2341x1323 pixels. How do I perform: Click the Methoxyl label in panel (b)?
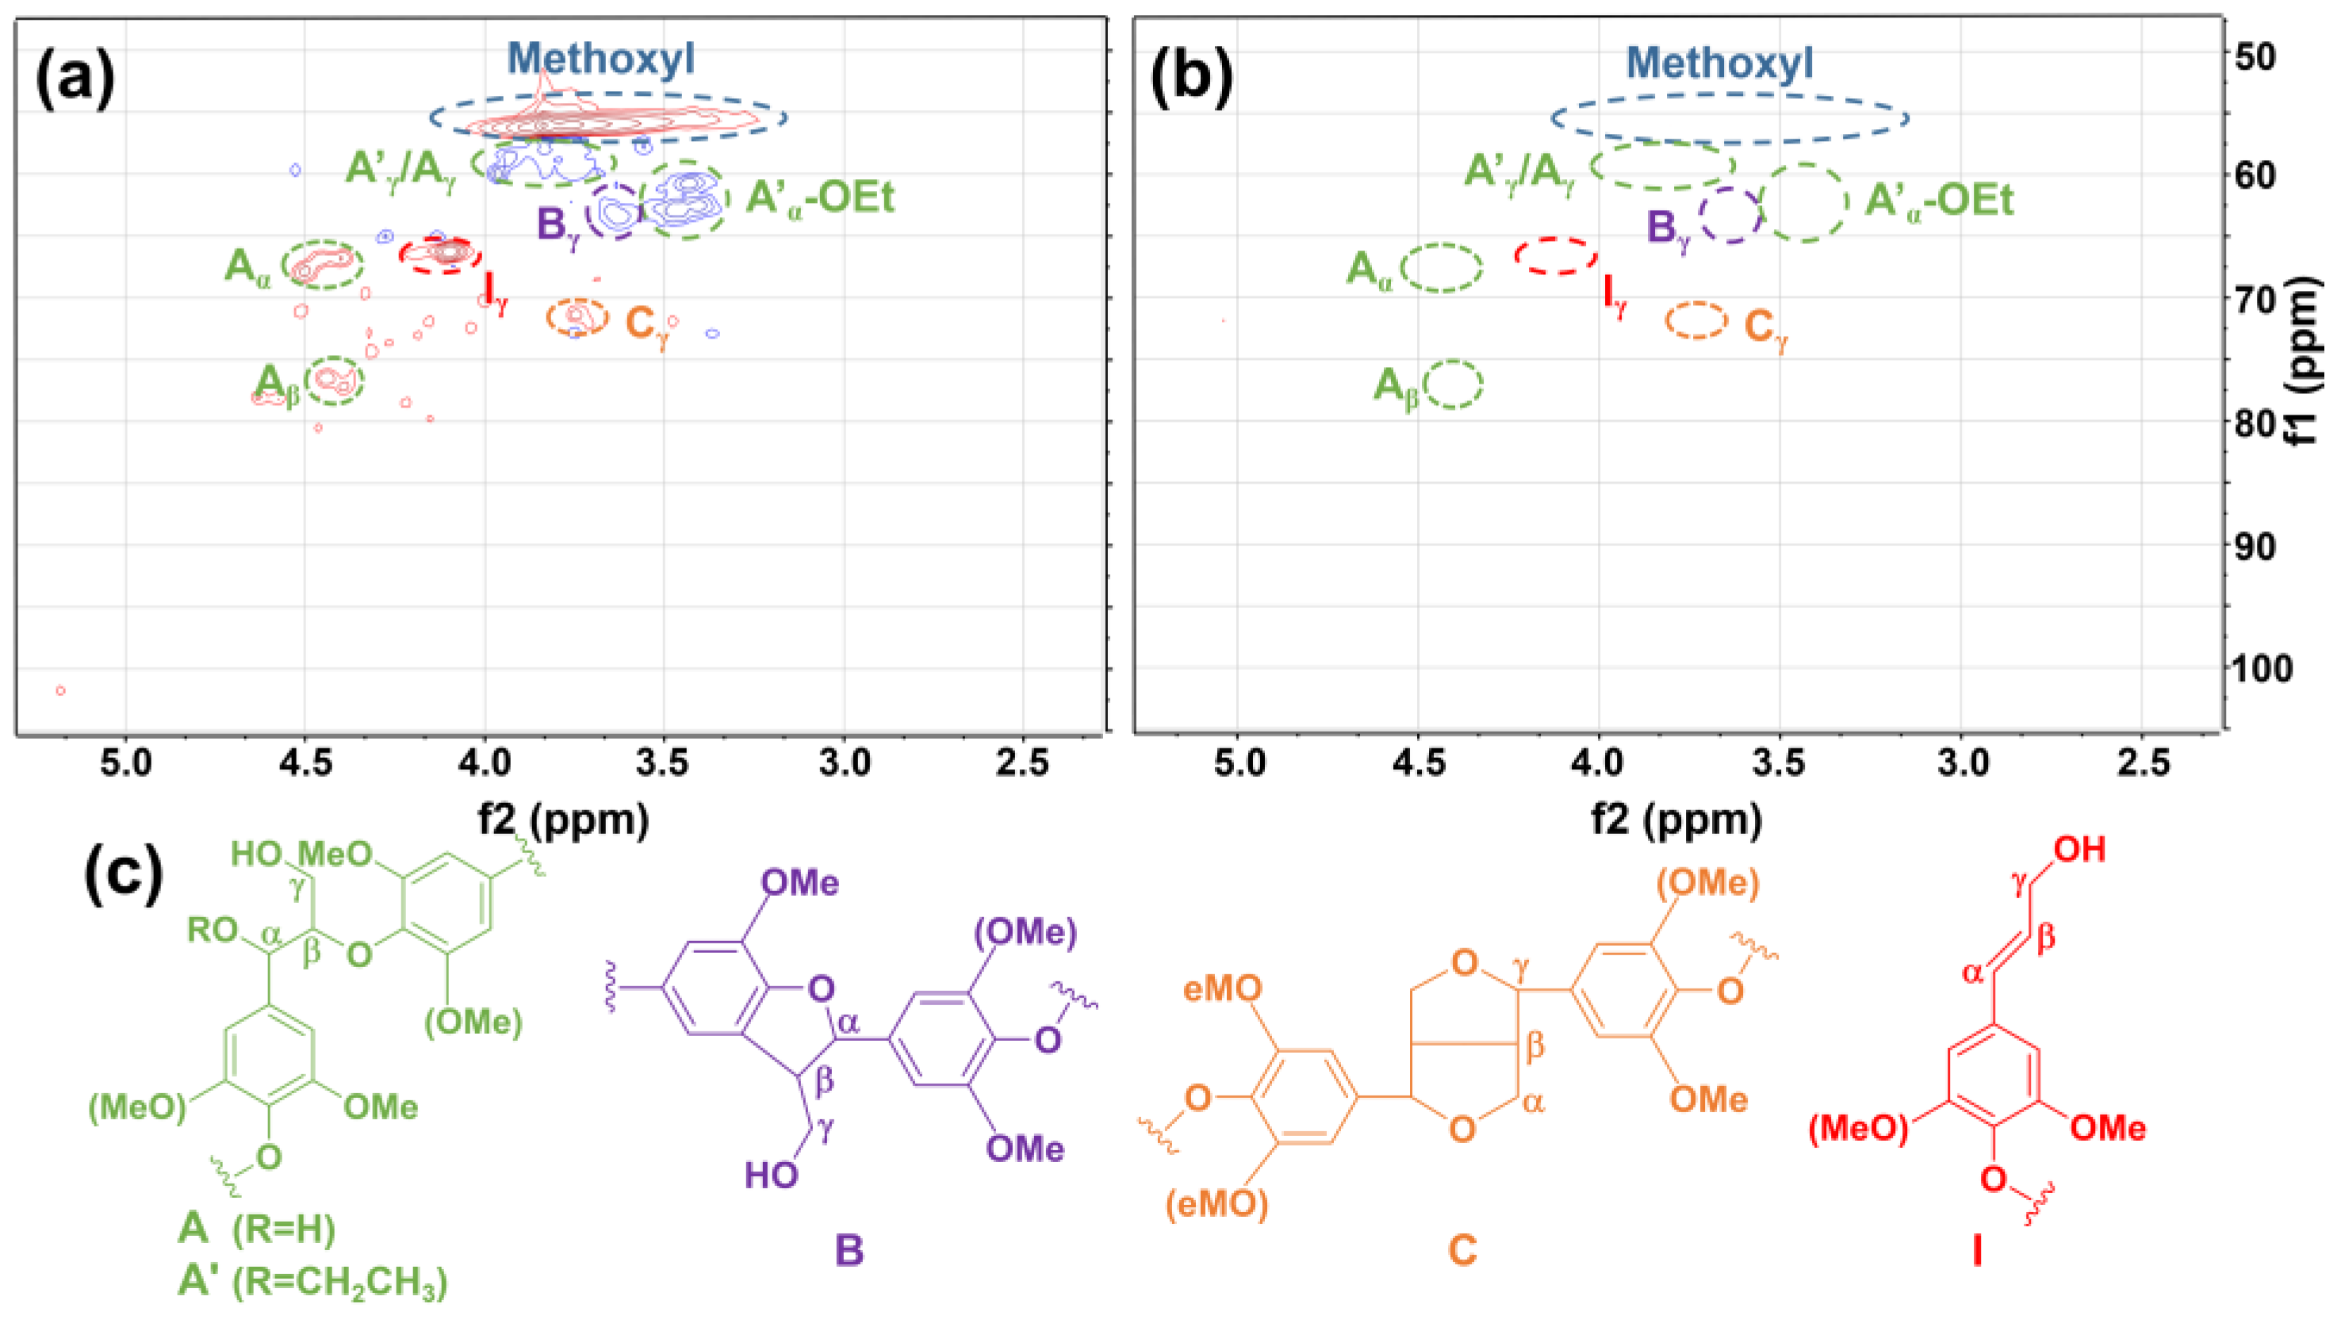coord(1719,63)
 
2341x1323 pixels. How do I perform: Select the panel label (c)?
coord(124,874)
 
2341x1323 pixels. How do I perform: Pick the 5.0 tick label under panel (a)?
coord(125,763)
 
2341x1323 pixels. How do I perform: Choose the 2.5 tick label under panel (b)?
coord(2142,763)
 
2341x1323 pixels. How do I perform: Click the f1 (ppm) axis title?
coord(2308,364)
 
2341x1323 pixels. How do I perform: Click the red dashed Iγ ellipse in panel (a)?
coord(441,255)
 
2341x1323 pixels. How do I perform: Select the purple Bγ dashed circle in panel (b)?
coord(1730,216)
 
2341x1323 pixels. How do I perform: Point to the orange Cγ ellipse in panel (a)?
coord(577,316)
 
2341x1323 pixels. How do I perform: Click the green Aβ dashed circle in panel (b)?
coord(1453,384)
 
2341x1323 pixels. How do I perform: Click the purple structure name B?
coord(849,1250)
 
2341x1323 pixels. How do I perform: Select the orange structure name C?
coord(1462,1250)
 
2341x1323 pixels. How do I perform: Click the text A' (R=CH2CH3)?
coord(312,1281)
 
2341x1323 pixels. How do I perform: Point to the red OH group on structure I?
coord(2080,850)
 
